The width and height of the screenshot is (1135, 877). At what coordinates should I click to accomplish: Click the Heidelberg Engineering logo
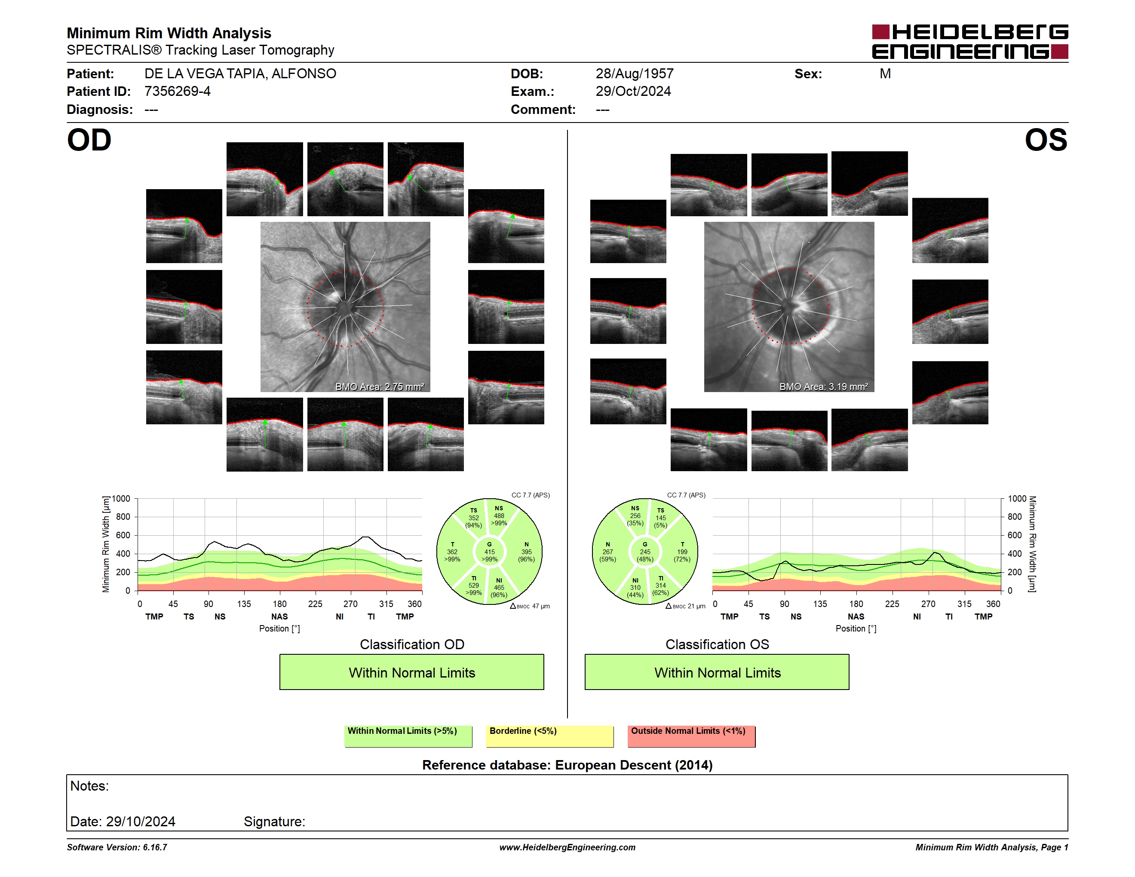[x=970, y=42]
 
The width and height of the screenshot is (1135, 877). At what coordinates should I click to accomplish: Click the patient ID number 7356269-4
[x=177, y=92]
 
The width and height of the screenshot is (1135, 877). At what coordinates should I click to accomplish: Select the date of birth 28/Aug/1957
[x=635, y=74]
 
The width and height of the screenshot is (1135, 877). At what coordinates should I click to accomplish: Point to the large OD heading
[x=89, y=140]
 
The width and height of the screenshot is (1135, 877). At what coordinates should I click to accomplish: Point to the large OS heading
[x=1046, y=140]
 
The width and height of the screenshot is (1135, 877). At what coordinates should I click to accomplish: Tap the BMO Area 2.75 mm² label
[x=380, y=386]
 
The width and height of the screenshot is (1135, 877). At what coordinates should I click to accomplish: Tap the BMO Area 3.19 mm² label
[x=824, y=386]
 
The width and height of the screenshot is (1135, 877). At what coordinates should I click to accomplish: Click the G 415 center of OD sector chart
[x=489, y=552]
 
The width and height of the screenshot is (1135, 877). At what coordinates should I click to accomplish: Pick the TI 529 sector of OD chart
[x=473, y=586]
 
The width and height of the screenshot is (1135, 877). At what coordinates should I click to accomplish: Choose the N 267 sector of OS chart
[x=607, y=552]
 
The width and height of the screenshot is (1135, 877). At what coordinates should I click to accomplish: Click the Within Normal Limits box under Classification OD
[x=411, y=672]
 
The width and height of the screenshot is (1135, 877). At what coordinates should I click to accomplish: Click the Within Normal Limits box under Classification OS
[x=717, y=672]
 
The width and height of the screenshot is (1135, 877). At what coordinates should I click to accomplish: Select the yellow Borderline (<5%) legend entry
[x=550, y=736]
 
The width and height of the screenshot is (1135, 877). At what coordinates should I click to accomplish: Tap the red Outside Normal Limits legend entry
[x=691, y=736]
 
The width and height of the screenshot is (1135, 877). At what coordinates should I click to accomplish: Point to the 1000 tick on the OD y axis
[x=121, y=499]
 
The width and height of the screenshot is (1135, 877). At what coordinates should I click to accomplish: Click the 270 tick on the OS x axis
[x=928, y=604]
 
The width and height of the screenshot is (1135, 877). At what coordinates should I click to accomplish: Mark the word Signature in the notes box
[x=274, y=822]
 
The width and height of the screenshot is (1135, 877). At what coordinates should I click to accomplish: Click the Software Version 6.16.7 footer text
[x=117, y=847]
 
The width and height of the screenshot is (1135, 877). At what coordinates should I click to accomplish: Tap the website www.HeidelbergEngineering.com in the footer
[x=567, y=847]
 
